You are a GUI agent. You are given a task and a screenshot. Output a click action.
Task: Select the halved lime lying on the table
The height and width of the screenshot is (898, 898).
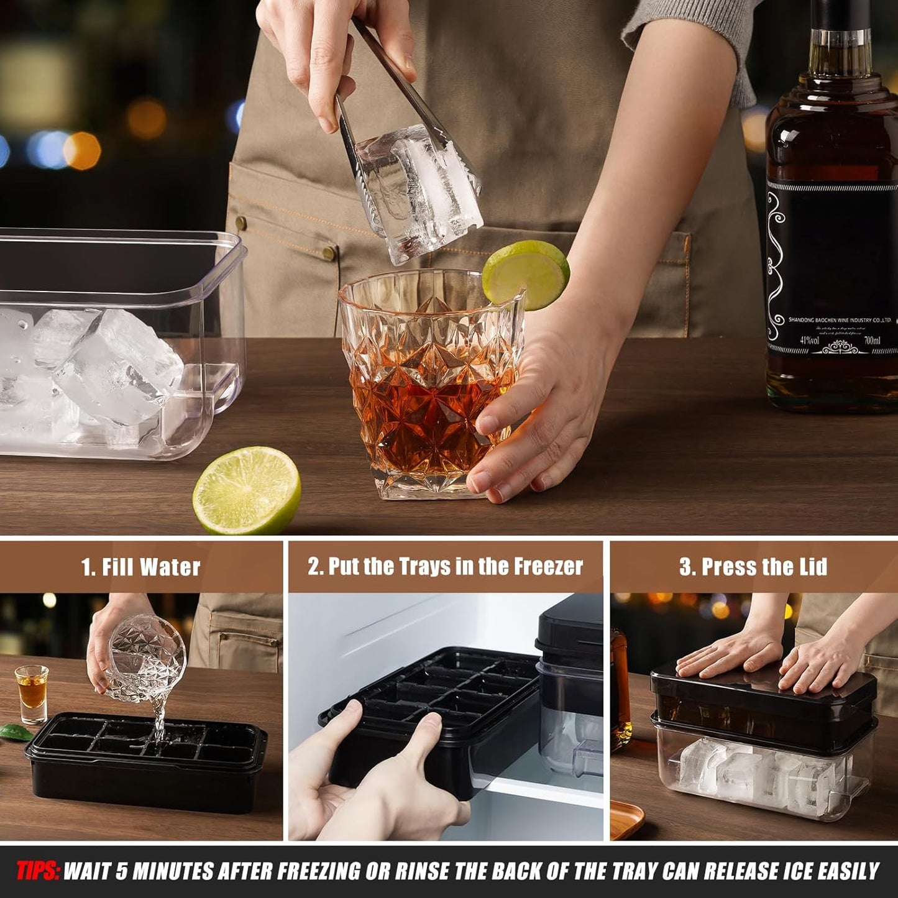click(247, 490)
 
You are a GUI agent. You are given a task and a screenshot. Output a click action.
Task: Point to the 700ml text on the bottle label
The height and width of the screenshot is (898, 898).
click(871, 341)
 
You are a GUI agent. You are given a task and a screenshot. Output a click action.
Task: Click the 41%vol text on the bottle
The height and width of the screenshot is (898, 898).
click(809, 341)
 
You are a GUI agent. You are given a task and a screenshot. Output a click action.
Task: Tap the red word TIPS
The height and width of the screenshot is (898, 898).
click(37, 871)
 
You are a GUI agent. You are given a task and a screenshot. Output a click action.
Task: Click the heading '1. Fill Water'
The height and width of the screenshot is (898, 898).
click(140, 567)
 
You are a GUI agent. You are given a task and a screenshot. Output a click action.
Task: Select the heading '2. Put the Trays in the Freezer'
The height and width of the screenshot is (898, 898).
click(445, 567)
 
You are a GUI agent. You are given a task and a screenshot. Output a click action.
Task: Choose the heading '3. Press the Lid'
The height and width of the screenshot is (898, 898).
click(753, 567)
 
